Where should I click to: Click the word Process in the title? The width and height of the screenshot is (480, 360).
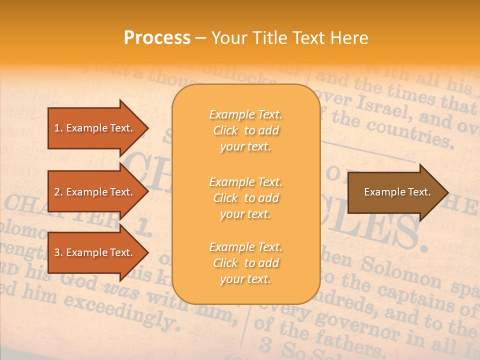(x=157, y=38)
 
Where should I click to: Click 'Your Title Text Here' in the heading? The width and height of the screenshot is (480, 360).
(x=289, y=38)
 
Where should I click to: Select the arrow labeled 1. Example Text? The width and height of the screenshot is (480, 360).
(x=93, y=128)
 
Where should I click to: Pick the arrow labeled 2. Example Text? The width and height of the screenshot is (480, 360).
(x=93, y=192)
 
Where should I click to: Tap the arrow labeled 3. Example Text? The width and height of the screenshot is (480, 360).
(x=93, y=252)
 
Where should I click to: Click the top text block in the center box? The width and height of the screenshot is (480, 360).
(x=245, y=130)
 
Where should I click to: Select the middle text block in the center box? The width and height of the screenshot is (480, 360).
(x=245, y=198)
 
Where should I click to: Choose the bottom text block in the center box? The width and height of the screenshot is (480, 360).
(x=245, y=263)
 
